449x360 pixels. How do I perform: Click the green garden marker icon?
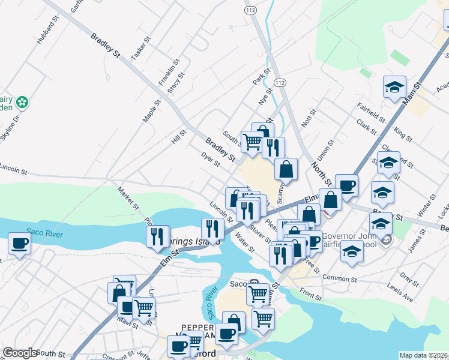23,102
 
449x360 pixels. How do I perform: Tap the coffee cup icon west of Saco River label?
19,244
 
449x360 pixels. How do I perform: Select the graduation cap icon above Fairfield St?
394,87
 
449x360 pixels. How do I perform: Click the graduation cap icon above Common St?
352,252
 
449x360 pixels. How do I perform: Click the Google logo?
20,353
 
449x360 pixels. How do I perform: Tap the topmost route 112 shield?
250,10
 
